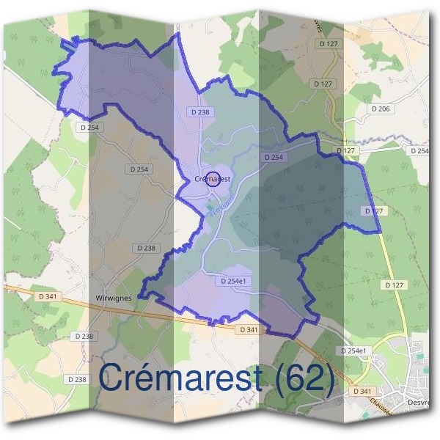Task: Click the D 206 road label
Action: click(x=380, y=109)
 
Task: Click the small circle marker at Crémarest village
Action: click(x=213, y=179)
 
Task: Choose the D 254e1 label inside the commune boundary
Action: click(x=235, y=281)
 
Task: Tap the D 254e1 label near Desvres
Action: click(x=353, y=351)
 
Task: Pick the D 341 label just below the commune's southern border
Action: click(x=248, y=330)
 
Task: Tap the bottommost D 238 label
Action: click(x=76, y=379)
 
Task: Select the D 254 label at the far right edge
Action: click(x=419, y=151)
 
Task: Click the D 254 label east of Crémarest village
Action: click(x=273, y=157)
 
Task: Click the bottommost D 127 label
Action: click(x=395, y=285)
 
